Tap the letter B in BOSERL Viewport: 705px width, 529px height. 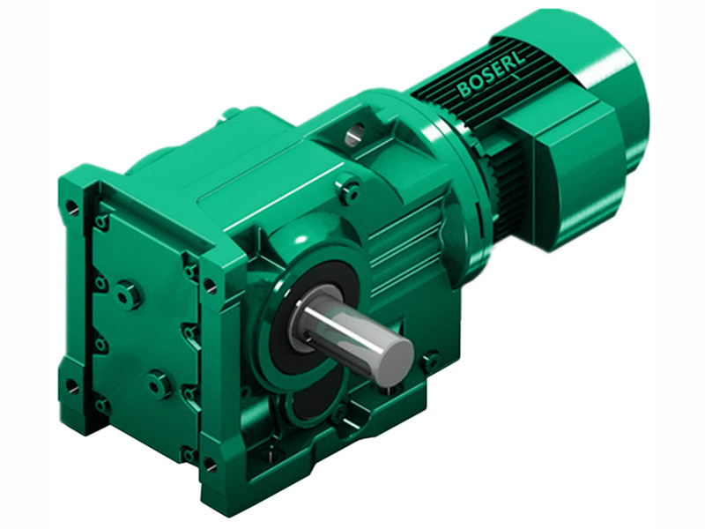point(464,89)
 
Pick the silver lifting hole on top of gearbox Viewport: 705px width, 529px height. point(354,135)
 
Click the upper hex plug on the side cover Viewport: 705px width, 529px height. point(130,294)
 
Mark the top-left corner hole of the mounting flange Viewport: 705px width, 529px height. point(72,209)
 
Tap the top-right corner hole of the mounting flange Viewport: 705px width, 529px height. point(209,285)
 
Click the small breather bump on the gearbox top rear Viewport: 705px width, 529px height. point(232,112)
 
